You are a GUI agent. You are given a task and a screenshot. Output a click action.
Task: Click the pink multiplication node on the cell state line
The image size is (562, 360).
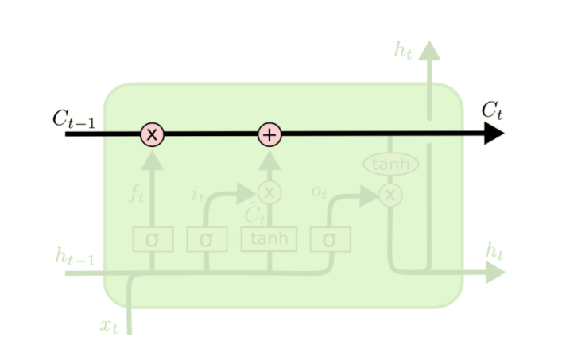click(x=152, y=134)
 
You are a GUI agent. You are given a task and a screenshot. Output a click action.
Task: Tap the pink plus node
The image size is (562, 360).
click(x=270, y=134)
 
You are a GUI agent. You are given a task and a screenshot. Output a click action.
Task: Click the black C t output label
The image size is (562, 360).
click(x=492, y=110)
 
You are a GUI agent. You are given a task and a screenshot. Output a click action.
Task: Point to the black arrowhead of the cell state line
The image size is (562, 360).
click(x=494, y=134)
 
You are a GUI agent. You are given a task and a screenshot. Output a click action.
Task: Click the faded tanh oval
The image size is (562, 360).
click(x=390, y=165)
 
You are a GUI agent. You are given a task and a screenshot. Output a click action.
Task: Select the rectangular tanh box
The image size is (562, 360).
click(x=269, y=238)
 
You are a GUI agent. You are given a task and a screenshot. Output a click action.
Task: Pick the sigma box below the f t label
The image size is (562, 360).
click(x=153, y=239)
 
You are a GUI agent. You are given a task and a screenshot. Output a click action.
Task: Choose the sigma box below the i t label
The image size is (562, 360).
click(x=207, y=239)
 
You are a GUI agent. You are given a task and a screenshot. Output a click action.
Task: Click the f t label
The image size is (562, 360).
click(x=136, y=193)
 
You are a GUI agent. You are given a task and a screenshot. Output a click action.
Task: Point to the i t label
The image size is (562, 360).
click(x=197, y=193)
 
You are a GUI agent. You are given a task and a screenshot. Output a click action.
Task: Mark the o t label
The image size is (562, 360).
click(x=319, y=193)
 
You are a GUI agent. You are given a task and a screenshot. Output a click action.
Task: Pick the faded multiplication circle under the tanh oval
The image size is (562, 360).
click(x=390, y=195)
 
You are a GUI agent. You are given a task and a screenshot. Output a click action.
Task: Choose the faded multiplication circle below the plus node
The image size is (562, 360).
click(x=269, y=192)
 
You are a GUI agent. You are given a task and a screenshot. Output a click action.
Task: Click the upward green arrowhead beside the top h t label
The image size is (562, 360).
click(x=429, y=50)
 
